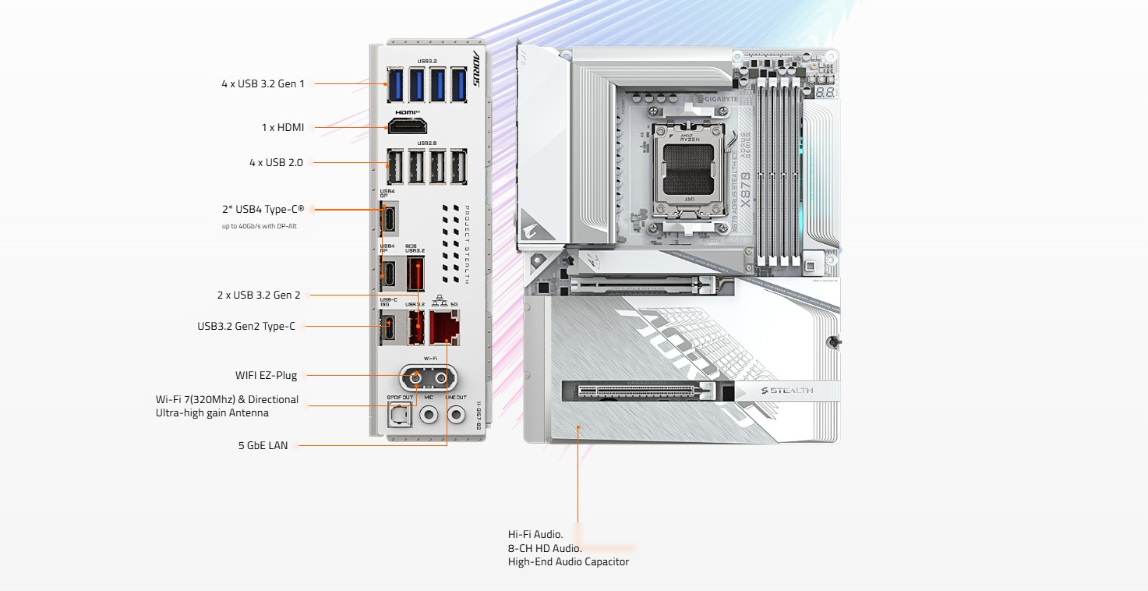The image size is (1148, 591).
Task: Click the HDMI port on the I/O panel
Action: tap(408, 127)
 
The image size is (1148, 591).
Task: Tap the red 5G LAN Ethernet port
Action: tap(445, 327)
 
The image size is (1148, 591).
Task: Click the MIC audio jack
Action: tap(428, 416)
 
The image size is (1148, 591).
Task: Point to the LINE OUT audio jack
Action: tap(455, 416)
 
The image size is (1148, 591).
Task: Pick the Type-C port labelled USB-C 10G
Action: tap(388, 327)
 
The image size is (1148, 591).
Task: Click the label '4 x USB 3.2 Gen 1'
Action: tap(263, 83)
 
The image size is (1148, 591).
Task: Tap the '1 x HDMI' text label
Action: tap(282, 127)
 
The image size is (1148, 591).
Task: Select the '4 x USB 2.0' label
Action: tap(276, 162)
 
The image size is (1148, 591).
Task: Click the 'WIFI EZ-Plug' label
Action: tap(266, 375)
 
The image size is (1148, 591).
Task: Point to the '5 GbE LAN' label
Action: tap(263, 445)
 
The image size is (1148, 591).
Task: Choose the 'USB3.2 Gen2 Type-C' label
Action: tap(246, 326)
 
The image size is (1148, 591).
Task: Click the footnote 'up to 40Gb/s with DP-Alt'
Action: tap(260, 226)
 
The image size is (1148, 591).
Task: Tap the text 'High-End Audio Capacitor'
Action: tap(568, 561)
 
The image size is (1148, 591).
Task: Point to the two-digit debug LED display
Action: tap(825, 92)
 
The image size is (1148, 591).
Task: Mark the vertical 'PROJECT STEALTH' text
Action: tap(467, 244)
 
